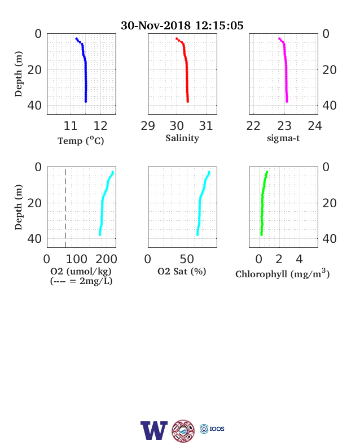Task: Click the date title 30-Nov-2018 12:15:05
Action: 182,25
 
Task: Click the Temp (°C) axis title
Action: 81,141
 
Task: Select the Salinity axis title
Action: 182,138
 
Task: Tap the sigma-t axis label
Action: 283,138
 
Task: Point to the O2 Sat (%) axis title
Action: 182,271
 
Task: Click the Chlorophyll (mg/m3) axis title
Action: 283,273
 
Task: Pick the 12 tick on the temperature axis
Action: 100,126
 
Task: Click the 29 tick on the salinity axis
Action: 148,126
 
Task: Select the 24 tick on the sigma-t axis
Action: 315,126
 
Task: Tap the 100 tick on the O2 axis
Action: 77,259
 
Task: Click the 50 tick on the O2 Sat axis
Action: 187,259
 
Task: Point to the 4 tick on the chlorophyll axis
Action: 299,259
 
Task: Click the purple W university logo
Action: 154,430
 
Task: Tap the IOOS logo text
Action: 217,429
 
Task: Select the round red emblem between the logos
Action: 183,430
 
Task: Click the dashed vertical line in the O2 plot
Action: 65,207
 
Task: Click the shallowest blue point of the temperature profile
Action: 77,38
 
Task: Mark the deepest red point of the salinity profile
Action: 188,101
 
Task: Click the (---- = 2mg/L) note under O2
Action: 81,281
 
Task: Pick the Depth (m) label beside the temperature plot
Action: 19,74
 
